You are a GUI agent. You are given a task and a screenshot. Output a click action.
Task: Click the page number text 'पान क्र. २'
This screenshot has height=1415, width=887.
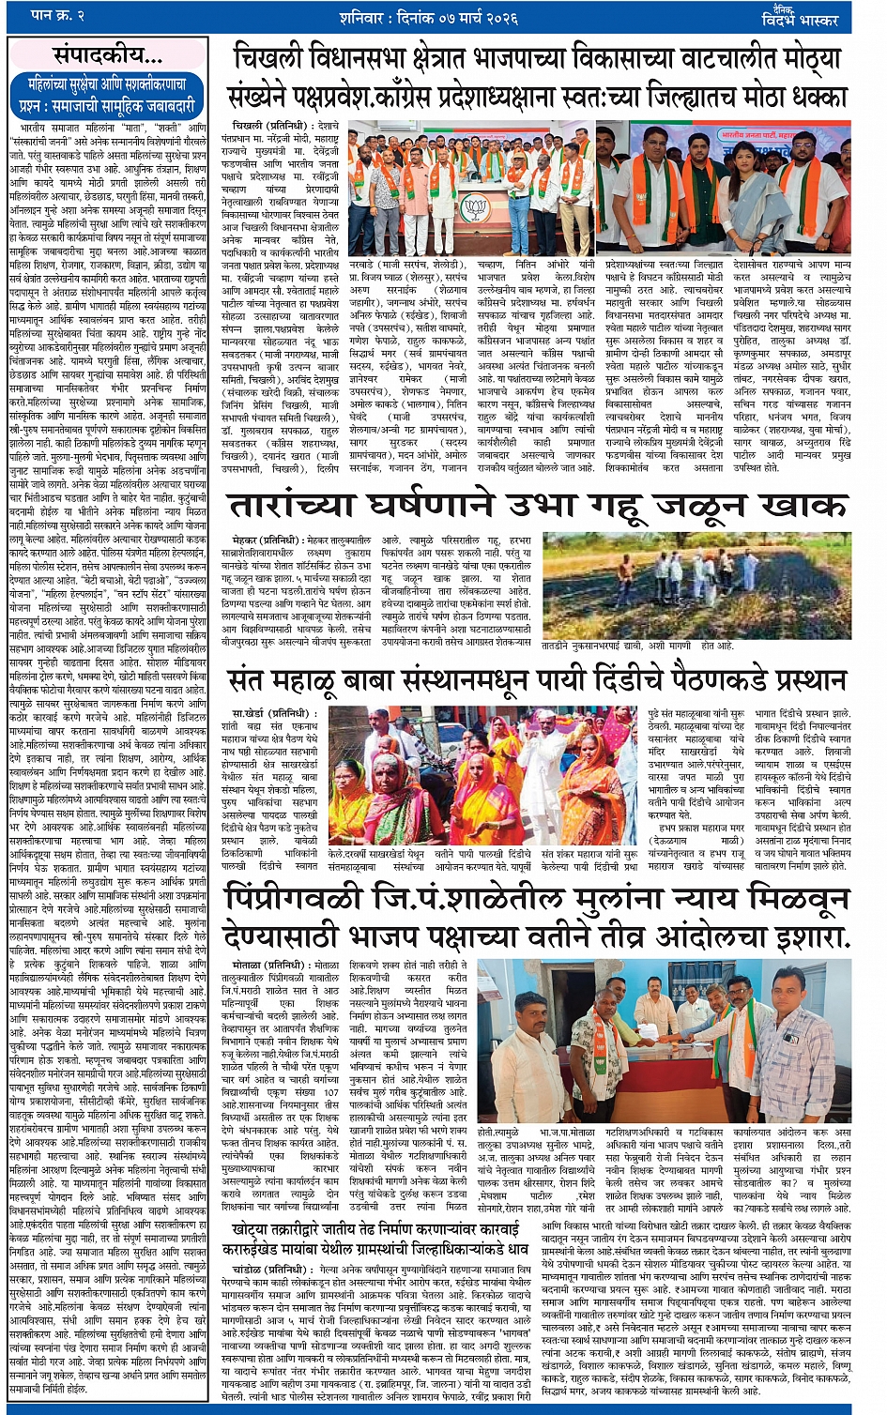point(58,16)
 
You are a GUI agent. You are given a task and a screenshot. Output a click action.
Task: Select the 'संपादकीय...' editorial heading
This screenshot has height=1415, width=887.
point(107,53)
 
